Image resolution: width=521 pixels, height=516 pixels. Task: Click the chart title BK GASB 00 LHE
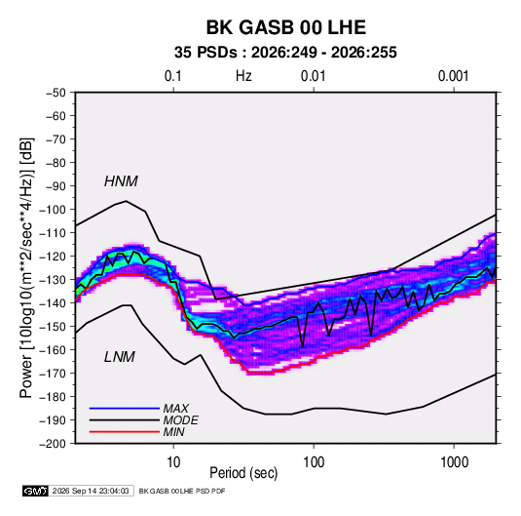[x=286, y=27]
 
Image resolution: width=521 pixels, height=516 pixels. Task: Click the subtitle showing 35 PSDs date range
[x=285, y=53]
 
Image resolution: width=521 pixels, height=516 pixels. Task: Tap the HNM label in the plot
[x=121, y=181]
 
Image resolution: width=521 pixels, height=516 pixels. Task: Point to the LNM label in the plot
[x=120, y=357]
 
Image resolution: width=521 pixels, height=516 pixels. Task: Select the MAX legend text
[x=176, y=408]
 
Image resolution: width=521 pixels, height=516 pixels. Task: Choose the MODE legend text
[x=181, y=420]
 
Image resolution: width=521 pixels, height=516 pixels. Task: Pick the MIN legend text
[x=173, y=432]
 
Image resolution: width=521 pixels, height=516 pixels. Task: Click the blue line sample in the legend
[x=125, y=408]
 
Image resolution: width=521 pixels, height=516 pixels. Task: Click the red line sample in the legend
[x=125, y=432]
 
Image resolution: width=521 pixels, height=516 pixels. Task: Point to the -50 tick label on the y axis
[x=56, y=93]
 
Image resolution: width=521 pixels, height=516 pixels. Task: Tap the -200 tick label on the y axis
[x=53, y=444]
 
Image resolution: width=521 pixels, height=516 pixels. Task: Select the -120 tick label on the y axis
[x=53, y=257]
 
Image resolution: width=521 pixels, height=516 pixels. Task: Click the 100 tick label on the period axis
[x=314, y=461]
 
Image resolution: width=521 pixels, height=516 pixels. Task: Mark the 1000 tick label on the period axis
[x=454, y=461]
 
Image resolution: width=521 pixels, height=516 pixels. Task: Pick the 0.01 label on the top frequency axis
[x=313, y=76]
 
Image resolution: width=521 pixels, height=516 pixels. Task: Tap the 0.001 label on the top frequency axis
[x=453, y=76]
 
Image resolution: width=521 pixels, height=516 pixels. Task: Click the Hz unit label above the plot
[x=243, y=76]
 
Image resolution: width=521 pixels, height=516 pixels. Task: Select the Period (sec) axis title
[x=243, y=473]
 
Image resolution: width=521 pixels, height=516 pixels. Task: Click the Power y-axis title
[x=26, y=267]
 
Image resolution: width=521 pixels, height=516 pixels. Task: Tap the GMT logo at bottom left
[x=36, y=491]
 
